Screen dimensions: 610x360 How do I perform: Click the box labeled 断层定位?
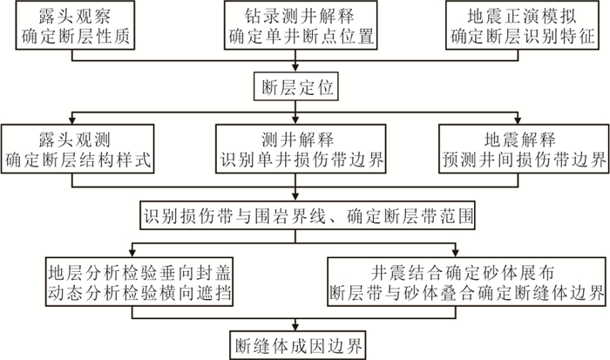click(295, 86)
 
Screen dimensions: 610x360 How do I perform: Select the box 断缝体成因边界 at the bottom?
click(298, 345)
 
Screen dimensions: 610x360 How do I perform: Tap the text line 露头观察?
click(75, 16)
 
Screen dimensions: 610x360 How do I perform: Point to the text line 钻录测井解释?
click(300, 16)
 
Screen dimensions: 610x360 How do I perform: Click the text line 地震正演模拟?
click(522, 16)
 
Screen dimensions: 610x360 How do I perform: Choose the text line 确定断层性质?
click(75, 37)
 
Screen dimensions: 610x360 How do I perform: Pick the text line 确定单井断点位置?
click(301, 37)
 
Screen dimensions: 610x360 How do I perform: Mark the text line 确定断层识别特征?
click(523, 37)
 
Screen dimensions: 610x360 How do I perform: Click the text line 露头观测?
click(75, 139)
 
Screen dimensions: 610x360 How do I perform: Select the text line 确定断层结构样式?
click(78, 160)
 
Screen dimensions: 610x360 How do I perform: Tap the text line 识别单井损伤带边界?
click(302, 160)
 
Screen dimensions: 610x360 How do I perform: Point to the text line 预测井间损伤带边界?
click(524, 160)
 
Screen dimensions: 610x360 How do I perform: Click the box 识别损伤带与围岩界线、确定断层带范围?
click(308, 215)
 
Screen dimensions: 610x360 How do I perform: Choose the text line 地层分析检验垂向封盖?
click(139, 273)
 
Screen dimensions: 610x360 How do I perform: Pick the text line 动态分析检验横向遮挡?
click(139, 293)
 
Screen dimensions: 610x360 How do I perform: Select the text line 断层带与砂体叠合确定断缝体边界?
click(467, 293)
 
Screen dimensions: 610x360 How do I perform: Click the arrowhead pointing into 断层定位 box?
click(295, 68)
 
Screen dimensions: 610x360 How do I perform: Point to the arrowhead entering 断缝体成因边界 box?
click(295, 327)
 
